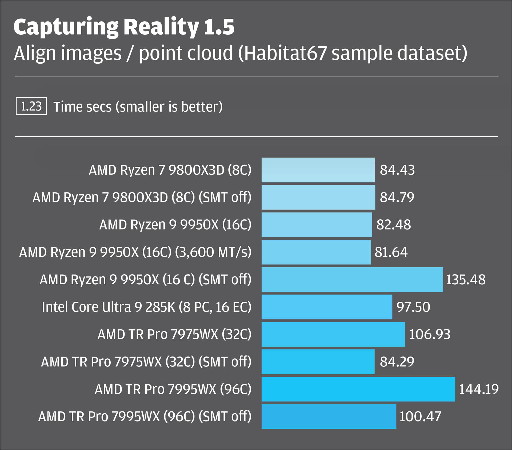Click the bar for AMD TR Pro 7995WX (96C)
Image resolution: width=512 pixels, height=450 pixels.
pos(358,389)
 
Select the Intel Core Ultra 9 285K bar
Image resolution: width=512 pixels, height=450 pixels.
pos(327,307)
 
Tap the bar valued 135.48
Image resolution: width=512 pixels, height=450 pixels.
pos(352,279)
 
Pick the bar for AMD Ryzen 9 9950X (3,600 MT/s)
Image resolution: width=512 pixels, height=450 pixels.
pos(316,252)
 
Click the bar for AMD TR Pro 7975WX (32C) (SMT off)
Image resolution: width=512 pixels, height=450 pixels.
pos(318,362)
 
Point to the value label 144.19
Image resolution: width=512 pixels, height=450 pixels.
pos(479,389)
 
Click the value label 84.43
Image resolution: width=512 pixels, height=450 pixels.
pos(397,170)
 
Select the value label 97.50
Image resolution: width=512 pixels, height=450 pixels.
pos(413,307)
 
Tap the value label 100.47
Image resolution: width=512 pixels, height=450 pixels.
pos(420,416)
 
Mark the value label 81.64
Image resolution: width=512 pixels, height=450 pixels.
pos(391,252)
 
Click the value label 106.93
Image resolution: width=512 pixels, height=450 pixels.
pos(430,334)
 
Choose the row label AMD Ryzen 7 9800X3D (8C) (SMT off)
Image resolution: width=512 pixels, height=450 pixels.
pos(142,197)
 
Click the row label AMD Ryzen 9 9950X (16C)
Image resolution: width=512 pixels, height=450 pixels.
pos(175,225)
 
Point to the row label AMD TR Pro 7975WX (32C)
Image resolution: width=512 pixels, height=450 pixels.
pos(174,334)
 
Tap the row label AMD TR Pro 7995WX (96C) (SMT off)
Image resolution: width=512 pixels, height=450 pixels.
pos(145,416)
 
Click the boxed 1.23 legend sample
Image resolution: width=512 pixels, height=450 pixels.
pos(31,106)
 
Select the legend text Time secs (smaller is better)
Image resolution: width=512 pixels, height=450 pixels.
pos(138,107)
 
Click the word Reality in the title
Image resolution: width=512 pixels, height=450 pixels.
pos(161,27)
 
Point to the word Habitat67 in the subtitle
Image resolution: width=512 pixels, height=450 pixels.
pos(285,53)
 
